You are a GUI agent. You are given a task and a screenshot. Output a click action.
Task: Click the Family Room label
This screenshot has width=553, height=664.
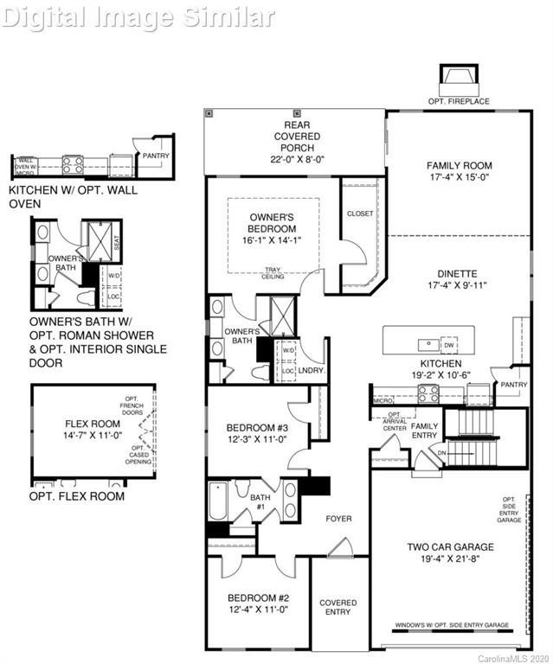pos(459,165)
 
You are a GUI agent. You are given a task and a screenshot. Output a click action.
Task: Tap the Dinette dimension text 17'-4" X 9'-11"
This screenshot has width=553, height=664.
pos(459,284)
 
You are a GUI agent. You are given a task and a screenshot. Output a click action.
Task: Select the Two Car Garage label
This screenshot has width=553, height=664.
pos(450,546)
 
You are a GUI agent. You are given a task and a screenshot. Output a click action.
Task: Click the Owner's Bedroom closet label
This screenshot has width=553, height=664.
pos(359,213)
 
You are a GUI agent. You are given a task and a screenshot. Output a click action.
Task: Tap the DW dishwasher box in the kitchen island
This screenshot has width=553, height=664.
pos(448,343)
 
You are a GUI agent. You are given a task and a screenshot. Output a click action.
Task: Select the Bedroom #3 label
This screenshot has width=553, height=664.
pos(256,427)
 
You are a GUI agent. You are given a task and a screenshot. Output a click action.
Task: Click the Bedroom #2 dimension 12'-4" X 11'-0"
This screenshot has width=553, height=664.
pos(256,610)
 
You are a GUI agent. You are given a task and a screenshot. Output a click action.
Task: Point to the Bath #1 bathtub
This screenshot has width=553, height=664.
pos(217,501)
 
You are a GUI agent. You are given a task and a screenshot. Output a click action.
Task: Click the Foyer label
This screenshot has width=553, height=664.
pos(338,519)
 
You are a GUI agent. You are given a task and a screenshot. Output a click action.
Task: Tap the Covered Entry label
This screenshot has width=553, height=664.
pos(338,607)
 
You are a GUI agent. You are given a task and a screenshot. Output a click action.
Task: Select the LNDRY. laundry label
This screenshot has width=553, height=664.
pos(311,370)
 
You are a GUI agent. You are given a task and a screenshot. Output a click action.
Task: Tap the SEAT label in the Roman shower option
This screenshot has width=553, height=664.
pos(117,245)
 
